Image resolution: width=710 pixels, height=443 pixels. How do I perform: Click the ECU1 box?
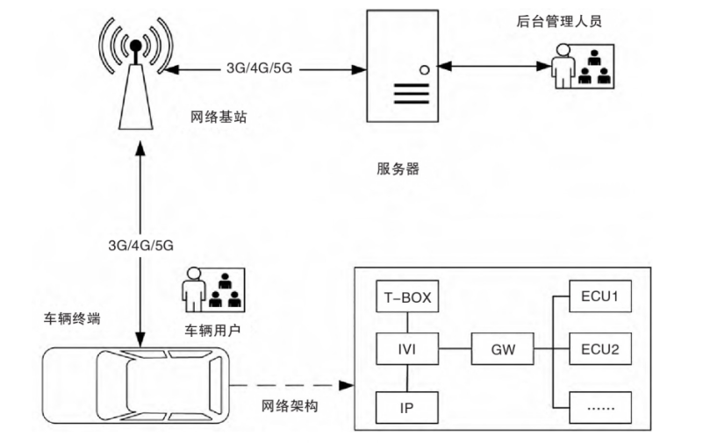click(x=599, y=298)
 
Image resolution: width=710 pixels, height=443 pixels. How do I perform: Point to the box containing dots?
click(x=599, y=406)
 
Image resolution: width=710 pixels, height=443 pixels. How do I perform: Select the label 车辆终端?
click(x=71, y=318)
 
